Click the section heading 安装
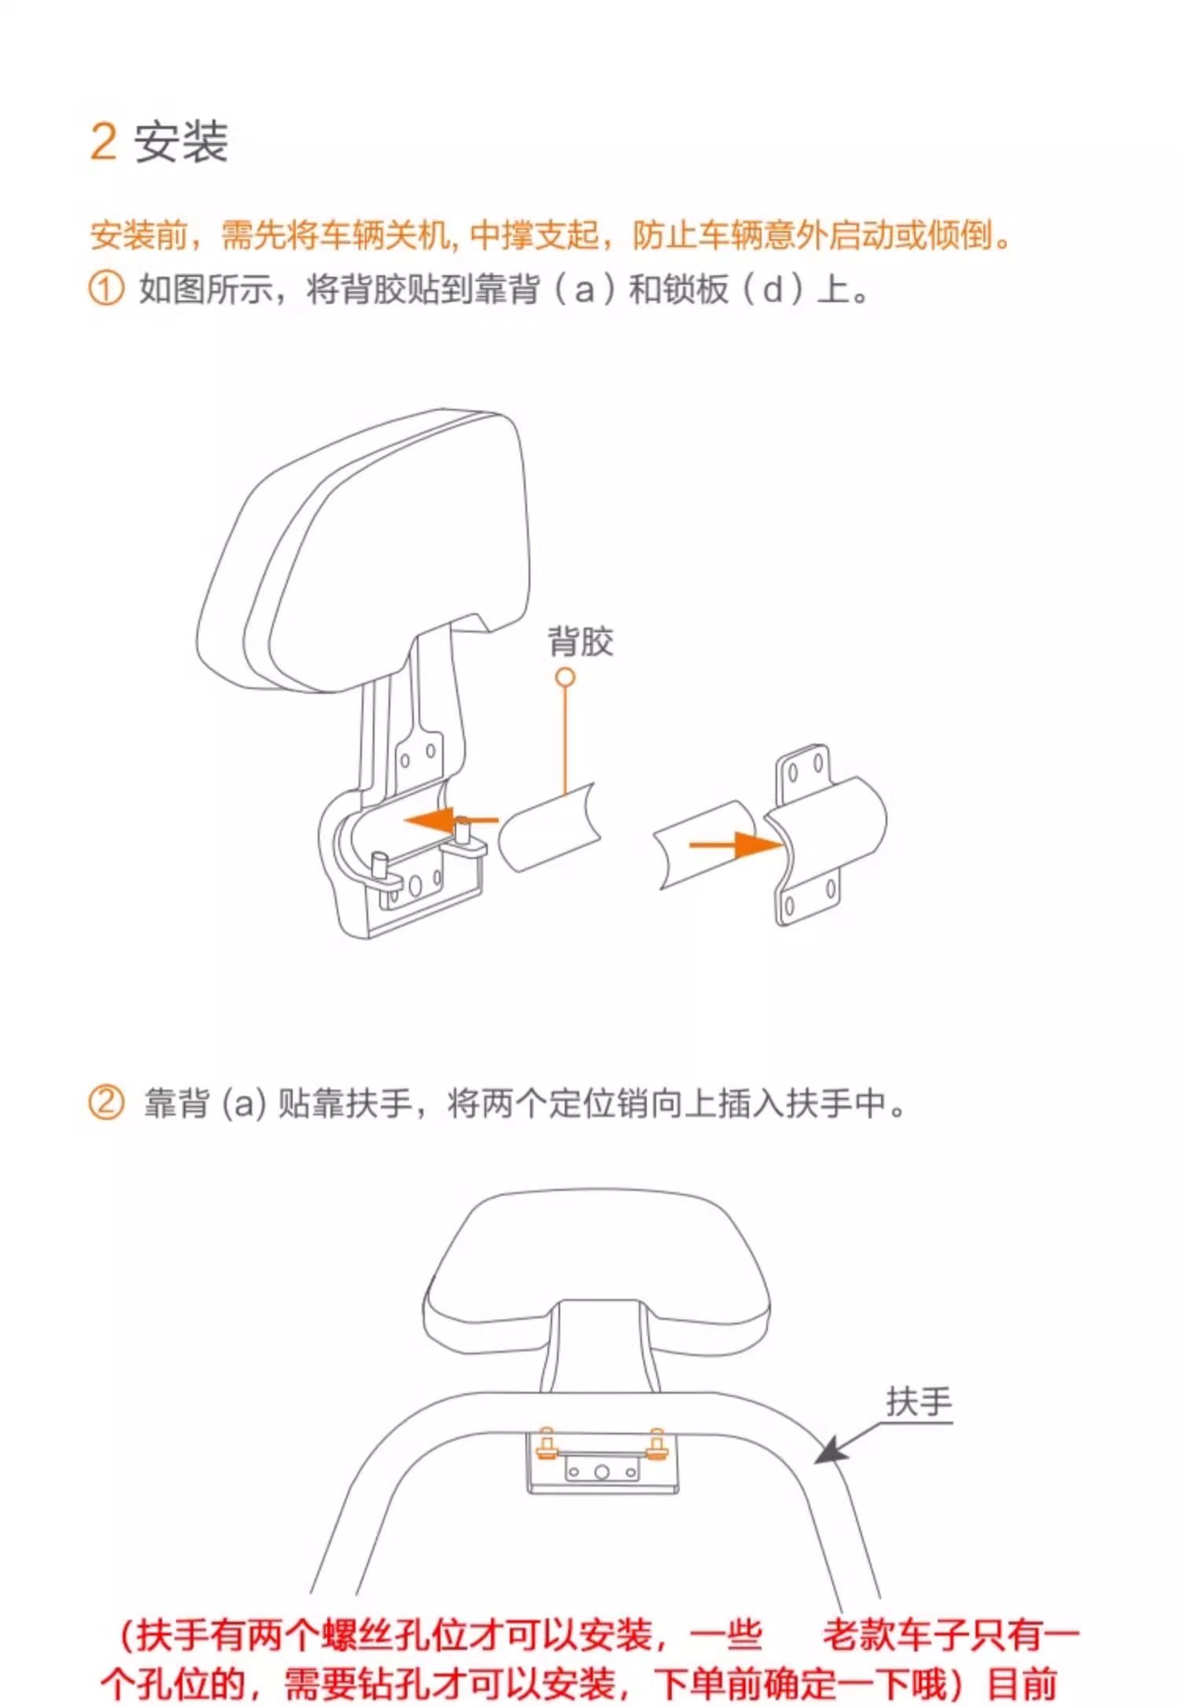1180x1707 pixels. [182, 142]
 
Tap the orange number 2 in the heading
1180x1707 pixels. [103, 142]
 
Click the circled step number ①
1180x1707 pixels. [105, 289]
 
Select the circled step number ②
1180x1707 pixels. [105, 1102]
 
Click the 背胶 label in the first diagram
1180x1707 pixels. [581, 641]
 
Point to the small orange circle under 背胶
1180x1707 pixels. [565, 677]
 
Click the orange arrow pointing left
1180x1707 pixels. [451, 820]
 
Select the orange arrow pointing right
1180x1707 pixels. [736, 846]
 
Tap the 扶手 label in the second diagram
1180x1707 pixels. [919, 1401]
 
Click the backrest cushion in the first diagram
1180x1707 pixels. [362, 551]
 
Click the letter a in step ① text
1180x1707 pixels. [584, 290]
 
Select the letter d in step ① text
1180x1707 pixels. [773, 289]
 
